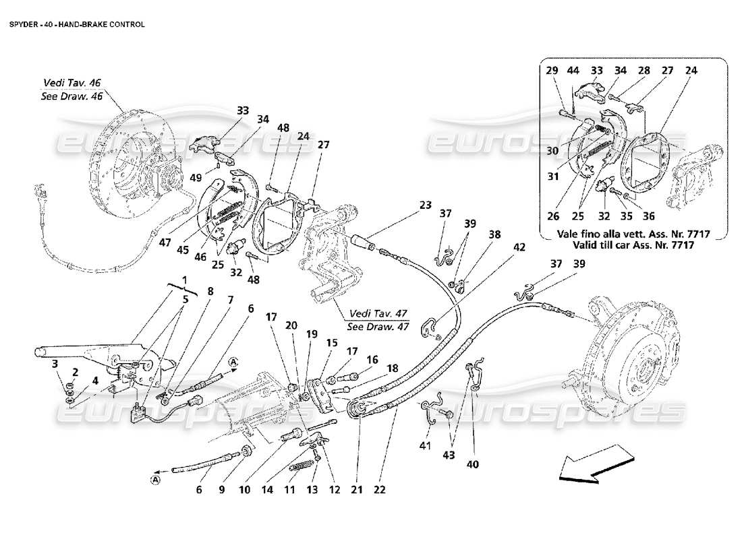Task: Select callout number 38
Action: (495, 235)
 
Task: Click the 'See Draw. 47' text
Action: (378, 326)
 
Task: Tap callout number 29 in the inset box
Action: (552, 70)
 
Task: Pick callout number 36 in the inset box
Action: (648, 217)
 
